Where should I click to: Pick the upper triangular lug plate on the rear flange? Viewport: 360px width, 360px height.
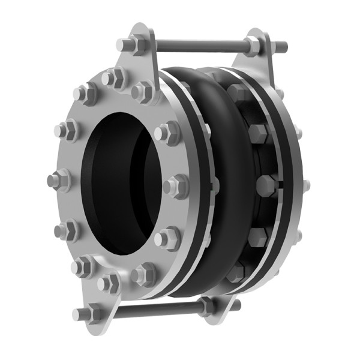255,60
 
